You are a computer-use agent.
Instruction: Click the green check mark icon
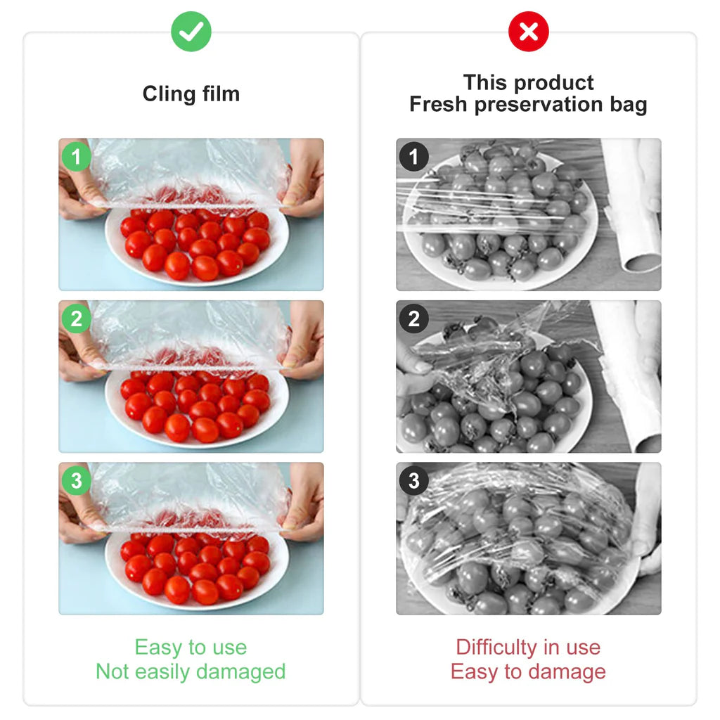(191, 32)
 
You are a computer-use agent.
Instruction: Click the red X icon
(528, 32)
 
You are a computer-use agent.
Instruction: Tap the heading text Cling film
(191, 94)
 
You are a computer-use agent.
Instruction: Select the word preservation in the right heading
(538, 105)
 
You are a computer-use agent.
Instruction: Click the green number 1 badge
(76, 157)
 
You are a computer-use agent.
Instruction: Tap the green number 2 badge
(76, 319)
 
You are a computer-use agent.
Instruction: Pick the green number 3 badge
(76, 481)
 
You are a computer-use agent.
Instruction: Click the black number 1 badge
(413, 157)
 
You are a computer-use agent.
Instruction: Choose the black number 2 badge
(413, 319)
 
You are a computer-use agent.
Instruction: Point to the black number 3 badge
(413, 481)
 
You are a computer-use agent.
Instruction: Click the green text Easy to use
(191, 647)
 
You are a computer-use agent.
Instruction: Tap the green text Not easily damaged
(191, 671)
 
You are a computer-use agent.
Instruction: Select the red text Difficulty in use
(528, 647)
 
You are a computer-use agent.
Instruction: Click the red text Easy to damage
(528, 671)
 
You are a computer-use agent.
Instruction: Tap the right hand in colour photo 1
(302, 179)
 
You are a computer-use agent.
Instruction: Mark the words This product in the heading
(528, 83)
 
